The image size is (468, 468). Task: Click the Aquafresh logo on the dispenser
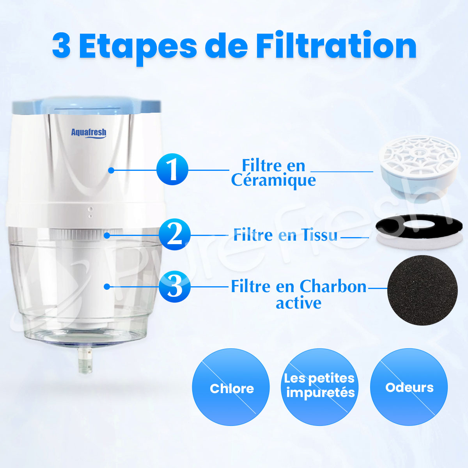click(89, 133)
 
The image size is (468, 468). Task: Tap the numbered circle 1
click(172, 170)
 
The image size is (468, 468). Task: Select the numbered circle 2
click(174, 235)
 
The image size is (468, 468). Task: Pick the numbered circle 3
click(174, 287)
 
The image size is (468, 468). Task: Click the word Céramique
click(273, 180)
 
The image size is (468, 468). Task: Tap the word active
click(298, 303)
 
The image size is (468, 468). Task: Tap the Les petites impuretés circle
click(320, 386)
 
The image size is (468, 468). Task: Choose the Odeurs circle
click(409, 387)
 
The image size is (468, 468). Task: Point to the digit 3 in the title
click(62, 46)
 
